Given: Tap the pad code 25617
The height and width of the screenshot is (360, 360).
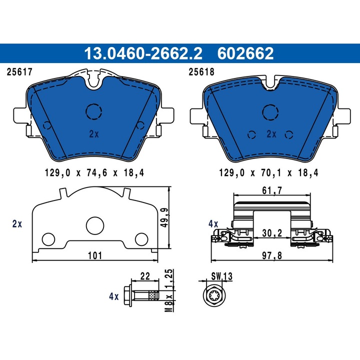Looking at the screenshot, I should point(18,72).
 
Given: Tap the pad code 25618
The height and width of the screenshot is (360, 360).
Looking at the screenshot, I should point(200,72).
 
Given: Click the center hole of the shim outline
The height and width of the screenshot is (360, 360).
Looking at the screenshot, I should point(93,225).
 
